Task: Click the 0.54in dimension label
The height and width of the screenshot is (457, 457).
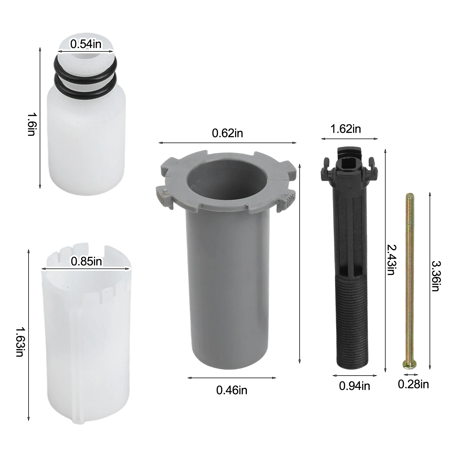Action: [x=86, y=44]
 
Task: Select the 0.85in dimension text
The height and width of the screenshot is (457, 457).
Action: [x=86, y=261]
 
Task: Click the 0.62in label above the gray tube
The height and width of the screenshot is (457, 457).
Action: [x=227, y=133]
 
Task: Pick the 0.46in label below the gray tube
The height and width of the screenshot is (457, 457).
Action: [x=232, y=390]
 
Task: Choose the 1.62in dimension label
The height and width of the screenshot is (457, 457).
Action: [x=345, y=129]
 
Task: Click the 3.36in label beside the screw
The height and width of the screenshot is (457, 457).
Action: [x=435, y=276]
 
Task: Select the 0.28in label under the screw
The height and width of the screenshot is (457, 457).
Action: [x=413, y=384]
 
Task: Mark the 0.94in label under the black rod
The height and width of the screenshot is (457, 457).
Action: [x=354, y=386]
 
